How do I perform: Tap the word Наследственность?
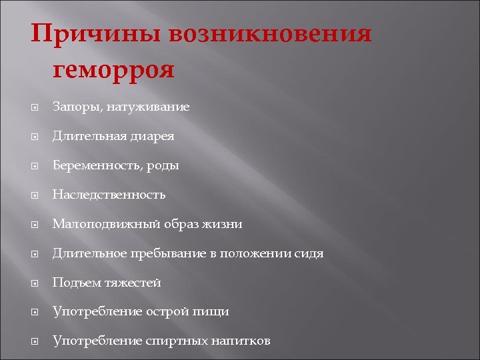109,195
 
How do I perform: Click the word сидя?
310,253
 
